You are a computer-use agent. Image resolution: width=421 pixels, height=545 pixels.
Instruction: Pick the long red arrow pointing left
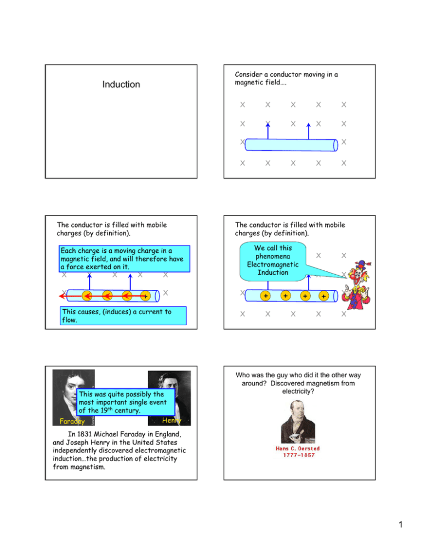pyautogui.click(x=99, y=296)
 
